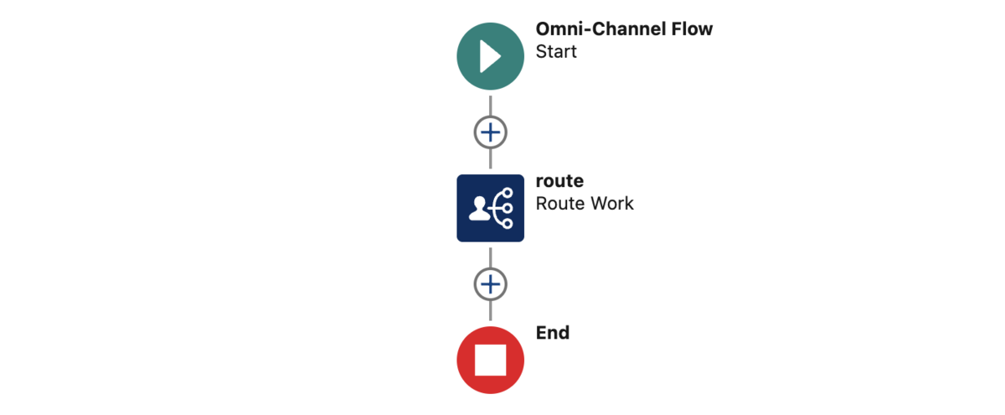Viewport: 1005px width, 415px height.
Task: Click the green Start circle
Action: [491, 56]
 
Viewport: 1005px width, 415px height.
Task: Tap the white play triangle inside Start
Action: [489, 56]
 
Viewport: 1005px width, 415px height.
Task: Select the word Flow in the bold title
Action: [692, 29]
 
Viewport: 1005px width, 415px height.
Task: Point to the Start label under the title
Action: [556, 52]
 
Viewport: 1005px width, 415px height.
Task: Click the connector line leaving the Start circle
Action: [491, 106]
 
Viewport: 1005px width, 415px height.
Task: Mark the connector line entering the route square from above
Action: [491, 158]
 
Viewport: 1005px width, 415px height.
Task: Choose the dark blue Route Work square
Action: [491, 208]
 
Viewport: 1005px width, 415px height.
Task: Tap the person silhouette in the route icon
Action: [479, 209]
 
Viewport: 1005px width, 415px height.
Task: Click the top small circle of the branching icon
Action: [508, 193]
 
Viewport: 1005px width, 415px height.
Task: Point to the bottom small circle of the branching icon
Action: [508, 223]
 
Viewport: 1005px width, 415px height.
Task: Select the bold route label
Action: [559, 181]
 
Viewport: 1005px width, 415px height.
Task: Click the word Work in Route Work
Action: [612, 204]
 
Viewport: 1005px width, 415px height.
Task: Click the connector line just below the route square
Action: [491, 257]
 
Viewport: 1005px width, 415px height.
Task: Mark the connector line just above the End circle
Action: [491, 311]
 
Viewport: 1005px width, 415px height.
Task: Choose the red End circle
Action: [491, 361]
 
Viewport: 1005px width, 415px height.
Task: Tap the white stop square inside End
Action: [491, 361]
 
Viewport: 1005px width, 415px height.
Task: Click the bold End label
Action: [553, 333]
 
